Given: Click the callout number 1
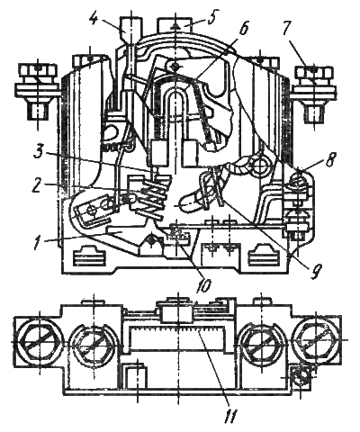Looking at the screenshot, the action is [38, 243].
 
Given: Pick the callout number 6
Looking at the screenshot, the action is [244, 29].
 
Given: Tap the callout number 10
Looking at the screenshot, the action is [204, 286].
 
